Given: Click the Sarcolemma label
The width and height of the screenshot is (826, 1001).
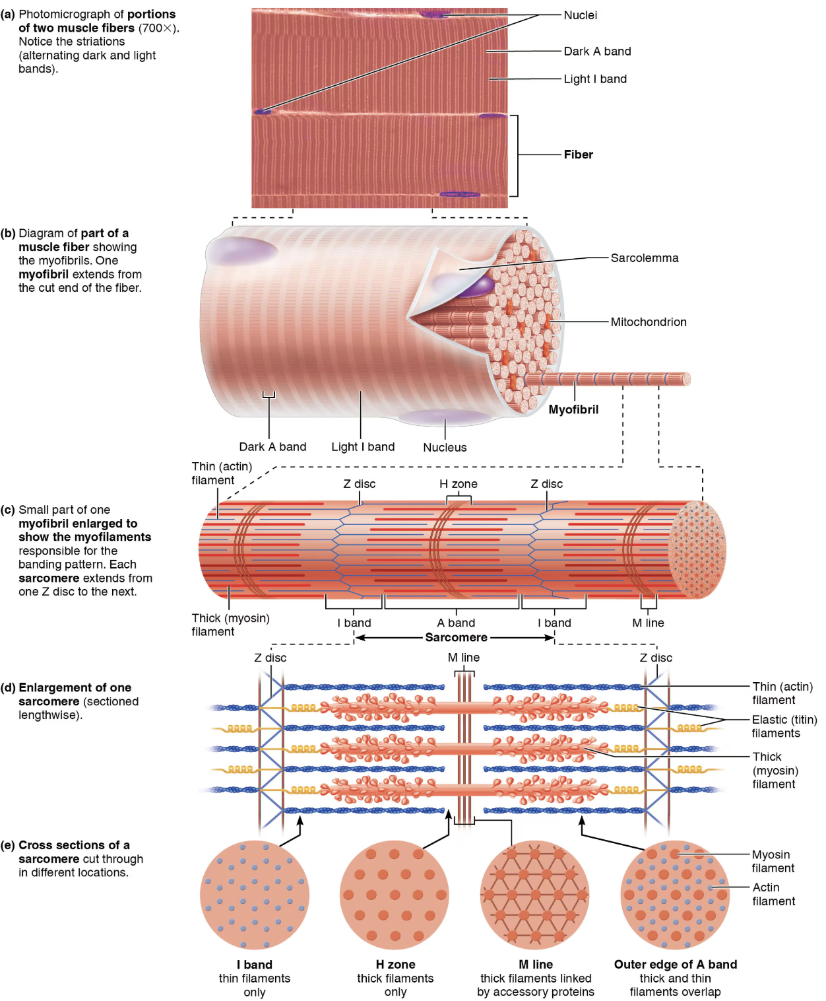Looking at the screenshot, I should (x=644, y=258).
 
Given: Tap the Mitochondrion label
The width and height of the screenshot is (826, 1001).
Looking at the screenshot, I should (x=648, y=322).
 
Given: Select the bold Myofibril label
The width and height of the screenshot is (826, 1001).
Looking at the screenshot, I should (x=573, y=409).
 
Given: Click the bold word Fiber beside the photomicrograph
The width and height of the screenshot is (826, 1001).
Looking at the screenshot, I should (x=578, y=155).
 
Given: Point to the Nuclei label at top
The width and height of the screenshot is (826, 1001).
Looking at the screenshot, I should (x=580, y=15).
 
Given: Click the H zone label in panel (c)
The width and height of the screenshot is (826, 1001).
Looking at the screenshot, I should (x=458, y=484).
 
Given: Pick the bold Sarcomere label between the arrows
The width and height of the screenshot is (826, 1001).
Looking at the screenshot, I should (x=456, y=637).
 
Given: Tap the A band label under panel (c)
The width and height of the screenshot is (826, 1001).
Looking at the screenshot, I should (x=456, y=623).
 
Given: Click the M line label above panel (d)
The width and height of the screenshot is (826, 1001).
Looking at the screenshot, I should (x=463, y=658).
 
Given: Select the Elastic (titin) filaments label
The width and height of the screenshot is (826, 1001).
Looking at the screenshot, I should (x=784, y=726).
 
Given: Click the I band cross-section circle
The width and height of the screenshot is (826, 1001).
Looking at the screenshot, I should (x=254, y=895).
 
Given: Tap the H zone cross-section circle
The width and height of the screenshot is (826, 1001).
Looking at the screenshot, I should (x=395, y=895).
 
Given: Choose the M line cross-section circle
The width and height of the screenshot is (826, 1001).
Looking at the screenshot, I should (x=534, y=895).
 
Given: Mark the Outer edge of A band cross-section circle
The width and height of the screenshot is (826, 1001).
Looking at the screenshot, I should (x=675, y=895).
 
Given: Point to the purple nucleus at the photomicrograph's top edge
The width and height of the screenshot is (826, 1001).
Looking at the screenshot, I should (x=433, y=14).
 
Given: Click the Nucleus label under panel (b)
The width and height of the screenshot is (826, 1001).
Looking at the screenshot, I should (x=445, y=448).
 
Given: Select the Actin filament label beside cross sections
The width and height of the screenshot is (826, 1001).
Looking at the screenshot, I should (x=773, y=894).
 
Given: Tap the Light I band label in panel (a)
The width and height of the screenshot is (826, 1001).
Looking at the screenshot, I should (x=594, y=79).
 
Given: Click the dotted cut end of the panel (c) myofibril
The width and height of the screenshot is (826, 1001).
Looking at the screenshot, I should (x=697, y=549).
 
